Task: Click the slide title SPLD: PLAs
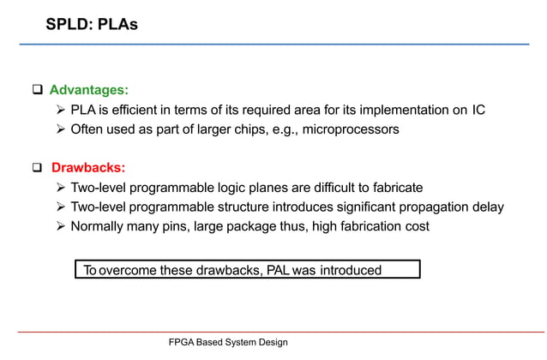92,25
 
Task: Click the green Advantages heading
89,90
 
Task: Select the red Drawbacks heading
88,167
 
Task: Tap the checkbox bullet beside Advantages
38,90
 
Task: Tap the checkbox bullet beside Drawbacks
38,167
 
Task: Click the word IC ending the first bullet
478,110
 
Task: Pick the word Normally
99,226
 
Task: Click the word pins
178,226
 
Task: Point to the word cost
415,226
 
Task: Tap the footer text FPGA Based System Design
228,342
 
